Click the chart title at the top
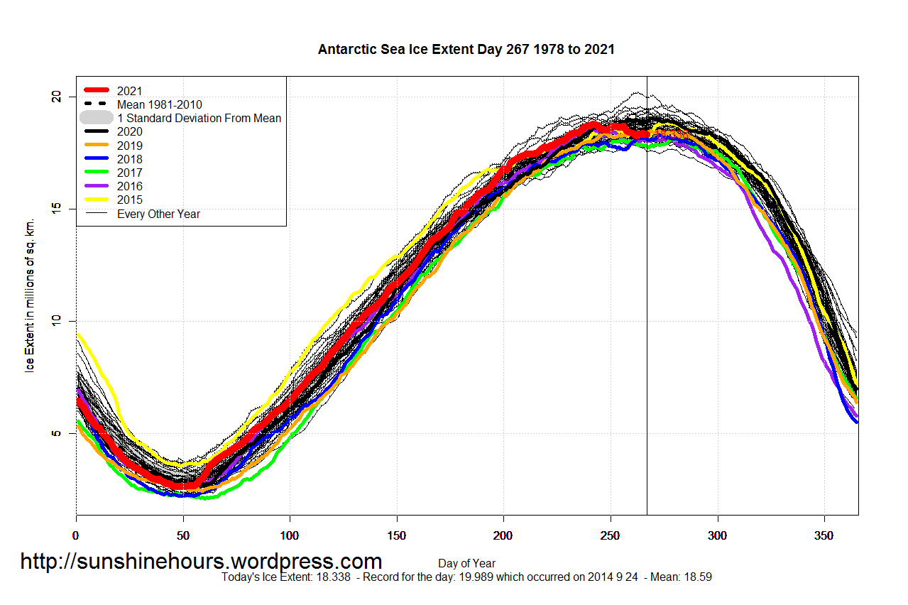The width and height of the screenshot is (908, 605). pos(466,50)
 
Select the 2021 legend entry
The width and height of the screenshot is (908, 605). pos(129,91)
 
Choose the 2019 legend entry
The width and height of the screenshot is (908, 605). pos(129,146)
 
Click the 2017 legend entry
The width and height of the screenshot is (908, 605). pos(129,173)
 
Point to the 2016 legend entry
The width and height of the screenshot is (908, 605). pos(129,186)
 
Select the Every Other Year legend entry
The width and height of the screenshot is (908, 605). pos(158,214)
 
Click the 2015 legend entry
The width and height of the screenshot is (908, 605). pos(129,200)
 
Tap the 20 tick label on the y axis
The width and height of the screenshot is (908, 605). pos(58,97)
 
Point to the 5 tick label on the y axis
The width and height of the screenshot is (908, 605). pos(58,433)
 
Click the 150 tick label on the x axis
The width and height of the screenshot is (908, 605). pos(396,535)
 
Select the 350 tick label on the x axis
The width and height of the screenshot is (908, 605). pos(824,535)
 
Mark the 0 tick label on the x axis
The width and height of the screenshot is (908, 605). pos(77,535)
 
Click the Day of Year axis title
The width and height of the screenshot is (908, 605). pos(466,564)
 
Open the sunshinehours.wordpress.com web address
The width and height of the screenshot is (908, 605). pos(201,562)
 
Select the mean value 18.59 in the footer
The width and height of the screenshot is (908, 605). pos(697,577)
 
